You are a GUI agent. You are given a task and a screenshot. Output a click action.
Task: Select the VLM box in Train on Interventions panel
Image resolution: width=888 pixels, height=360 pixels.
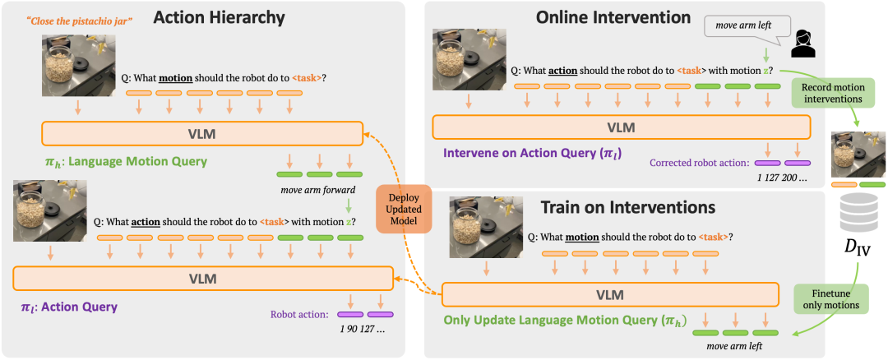(609, 295)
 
